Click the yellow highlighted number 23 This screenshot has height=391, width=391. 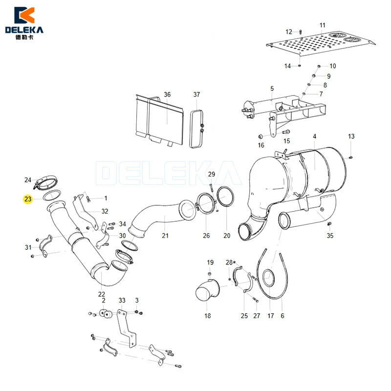coord(28,199)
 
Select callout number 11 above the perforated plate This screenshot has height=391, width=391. coord(323,25)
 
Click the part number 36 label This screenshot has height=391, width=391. coord(167,94)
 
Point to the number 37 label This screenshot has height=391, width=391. coord(196,94)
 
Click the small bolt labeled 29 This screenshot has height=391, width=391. coord(211,187)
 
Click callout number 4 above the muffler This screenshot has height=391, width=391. coord(314,136)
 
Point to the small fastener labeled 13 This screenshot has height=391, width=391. coord(351,157)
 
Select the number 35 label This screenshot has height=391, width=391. coord(330,236)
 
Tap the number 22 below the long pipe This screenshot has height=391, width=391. coord(102,294)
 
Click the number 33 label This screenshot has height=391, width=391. coord(122,300)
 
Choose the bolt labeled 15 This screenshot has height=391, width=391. coord(286,131)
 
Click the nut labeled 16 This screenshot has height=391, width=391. coord(261,136)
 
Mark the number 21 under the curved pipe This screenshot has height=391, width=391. coord(165,236)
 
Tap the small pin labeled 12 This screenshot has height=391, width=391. coord(301,32)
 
